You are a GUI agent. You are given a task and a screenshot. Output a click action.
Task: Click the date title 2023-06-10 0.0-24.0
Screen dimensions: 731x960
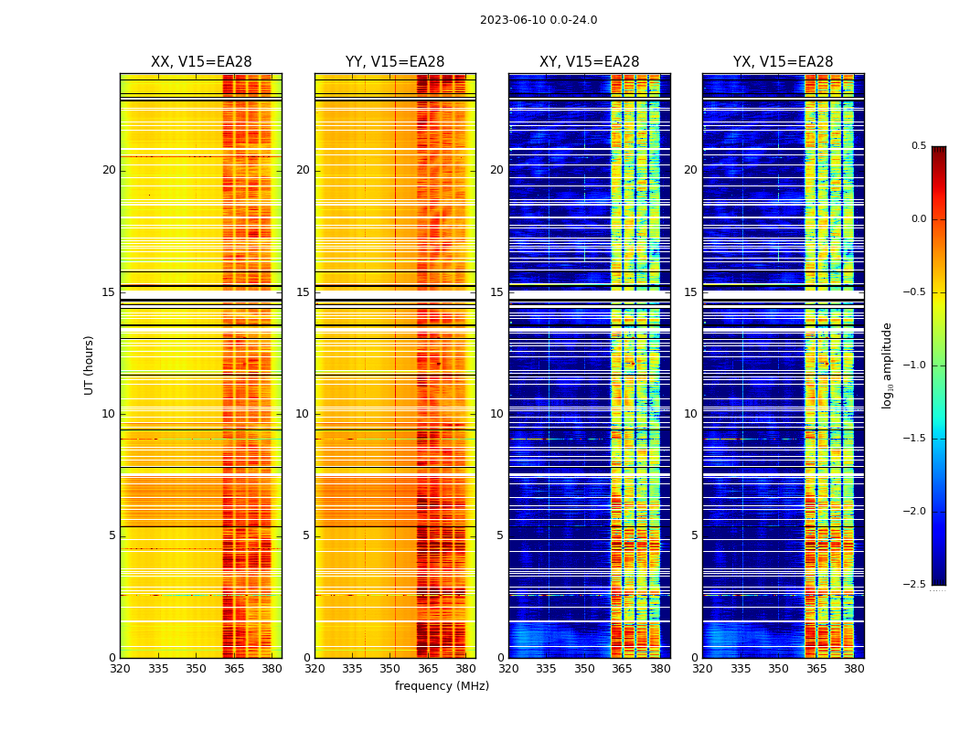coord(539,20)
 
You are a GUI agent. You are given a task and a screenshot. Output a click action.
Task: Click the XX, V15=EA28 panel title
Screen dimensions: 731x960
coord(201,62)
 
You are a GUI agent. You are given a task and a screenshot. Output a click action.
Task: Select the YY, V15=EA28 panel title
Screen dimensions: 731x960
coord(395,62)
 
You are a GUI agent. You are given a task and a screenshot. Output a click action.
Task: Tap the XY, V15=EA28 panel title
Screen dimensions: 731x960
coord(589,62)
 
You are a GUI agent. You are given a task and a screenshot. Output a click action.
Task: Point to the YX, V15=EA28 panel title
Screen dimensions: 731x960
coord(783,62)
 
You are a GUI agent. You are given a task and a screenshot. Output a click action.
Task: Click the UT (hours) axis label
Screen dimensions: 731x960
coord(90,365)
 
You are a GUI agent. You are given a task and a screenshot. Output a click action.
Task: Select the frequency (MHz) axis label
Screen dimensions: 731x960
coord(442,686)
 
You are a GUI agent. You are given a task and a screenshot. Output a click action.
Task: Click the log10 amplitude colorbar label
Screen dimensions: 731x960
coord(887,365)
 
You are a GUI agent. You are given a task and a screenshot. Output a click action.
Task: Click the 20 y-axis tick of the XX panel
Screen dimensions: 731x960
coord(109,170)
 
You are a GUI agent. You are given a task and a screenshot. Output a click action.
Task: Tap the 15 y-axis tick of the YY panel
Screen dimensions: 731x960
coord(304,292)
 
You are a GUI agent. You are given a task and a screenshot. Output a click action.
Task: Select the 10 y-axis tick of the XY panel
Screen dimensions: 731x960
coord(497,414)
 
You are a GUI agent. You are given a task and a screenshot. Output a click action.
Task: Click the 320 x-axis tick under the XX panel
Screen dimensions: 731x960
coord(120,670)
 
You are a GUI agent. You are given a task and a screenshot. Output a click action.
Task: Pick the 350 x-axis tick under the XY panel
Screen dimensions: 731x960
coord(585,670)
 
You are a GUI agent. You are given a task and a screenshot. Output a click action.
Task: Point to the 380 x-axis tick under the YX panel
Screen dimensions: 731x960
coord(854,670)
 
